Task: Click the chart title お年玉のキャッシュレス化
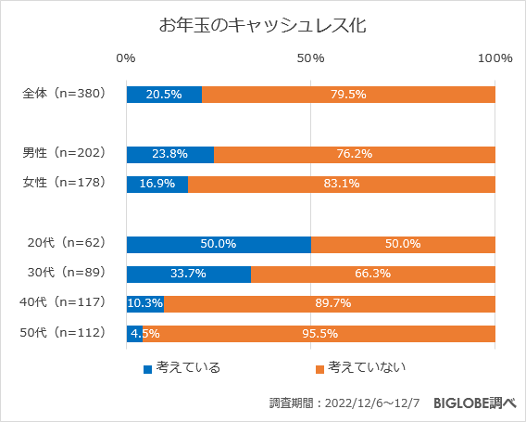pyautogui.click(x=263, y=25)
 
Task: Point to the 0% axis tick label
pyautogui.click(x=126, y=58)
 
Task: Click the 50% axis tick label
pyautogui.click(x=310, y=58)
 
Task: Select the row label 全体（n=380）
pyautogui.click(x=66, y=94)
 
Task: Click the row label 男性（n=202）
pyautogui.click(x=66, y=152)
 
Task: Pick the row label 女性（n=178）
pyautogui.click(x=66, y=183)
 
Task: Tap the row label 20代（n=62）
pyautogui.click(x=68, y=243)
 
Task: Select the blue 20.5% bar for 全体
pyautogui.click(x=164, y=94)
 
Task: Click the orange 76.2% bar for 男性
pyautogui.click(x=355, y=155)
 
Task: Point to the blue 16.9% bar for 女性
pyautogui.click(x=157, y=184)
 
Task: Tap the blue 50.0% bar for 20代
pyautogui.click(x=219, y=244)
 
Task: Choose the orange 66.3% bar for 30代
pyautogui.click(x=373, y=274)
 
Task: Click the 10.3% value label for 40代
pyautogui.click(x=145, y=303)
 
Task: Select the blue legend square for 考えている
pyautogui.click(x=146, y=368)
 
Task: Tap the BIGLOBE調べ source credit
pyautogui.click(x=471, y=403)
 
